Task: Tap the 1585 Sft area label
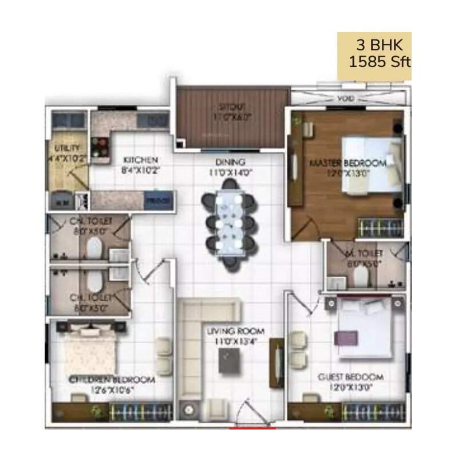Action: tap(380, 62)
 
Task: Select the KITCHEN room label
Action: tap(140, 160)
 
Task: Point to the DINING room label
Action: tap(231, 162)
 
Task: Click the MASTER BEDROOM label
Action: tap(348, 163)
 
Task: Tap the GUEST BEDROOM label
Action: tap(350, 377)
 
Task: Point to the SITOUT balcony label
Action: tap(231, 107)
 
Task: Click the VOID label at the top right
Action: tap(345, 98)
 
